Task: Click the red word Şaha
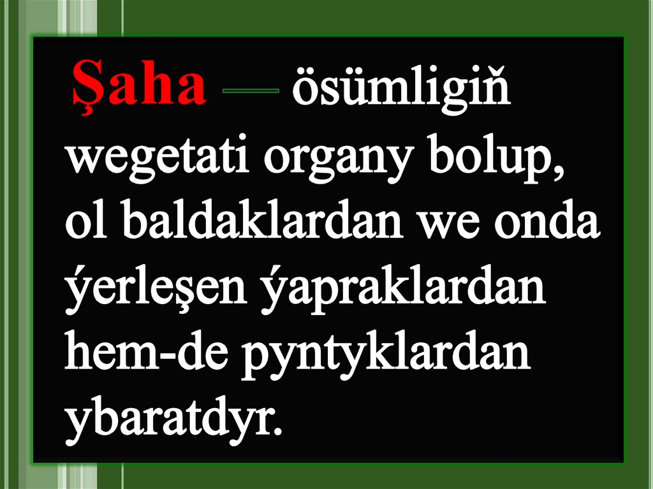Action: point(138,85)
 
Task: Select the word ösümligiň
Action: point(400,89)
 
